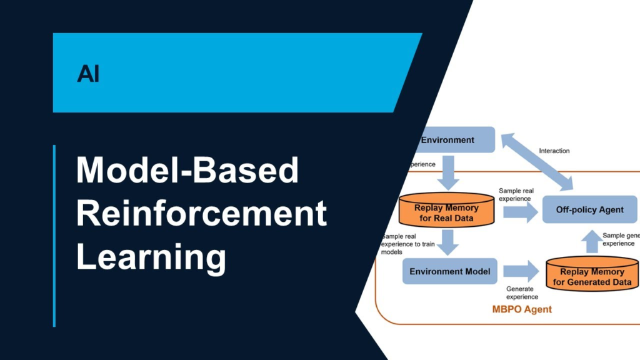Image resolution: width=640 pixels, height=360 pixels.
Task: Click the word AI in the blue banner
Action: [x=88, y=74]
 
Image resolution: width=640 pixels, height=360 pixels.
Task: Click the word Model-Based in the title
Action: [x=187, y=170]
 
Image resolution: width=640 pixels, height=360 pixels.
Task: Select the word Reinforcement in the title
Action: [x=201, y=214]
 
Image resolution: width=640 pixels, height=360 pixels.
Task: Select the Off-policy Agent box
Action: [x=589, y=209]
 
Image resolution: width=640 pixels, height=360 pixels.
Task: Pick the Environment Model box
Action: [x=449, y=271]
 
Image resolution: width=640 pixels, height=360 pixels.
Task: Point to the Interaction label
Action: [x=554, y=151]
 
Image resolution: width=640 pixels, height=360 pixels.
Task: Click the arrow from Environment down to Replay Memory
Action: [x=447, y=173]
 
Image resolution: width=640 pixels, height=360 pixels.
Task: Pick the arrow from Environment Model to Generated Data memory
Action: [x=521, y=271]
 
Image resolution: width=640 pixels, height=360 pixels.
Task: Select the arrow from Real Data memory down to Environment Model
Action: [x=447, y=242]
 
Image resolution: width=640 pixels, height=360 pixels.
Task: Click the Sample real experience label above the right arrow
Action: [x=514, y=194]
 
